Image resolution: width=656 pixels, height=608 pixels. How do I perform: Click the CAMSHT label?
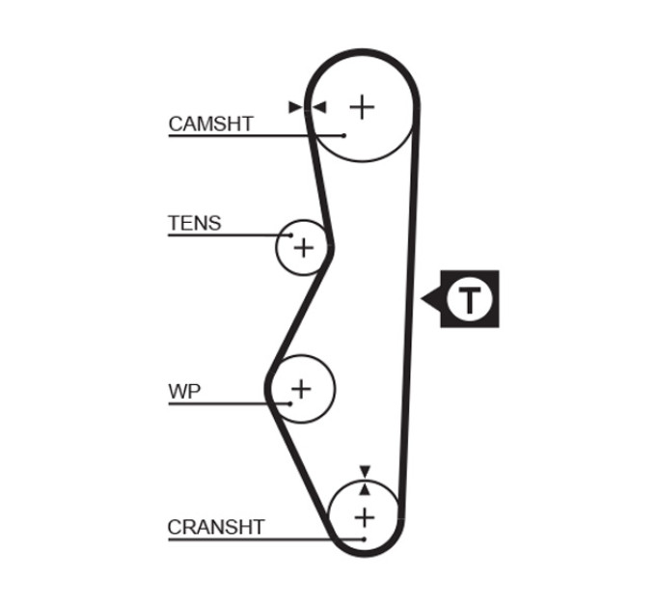(211, 124)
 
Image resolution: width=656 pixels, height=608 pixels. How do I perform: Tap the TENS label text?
(195, 223)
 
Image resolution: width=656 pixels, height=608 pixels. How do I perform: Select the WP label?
(184, 391)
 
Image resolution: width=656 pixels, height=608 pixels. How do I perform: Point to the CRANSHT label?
(216, 527)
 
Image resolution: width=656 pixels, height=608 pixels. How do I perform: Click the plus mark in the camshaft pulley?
(362, 107)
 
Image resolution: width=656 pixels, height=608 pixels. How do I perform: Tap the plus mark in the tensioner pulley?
(304, 248)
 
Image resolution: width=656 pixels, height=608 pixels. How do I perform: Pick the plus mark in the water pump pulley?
(301, 389)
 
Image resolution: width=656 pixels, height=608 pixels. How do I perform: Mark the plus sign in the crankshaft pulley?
(365, 518)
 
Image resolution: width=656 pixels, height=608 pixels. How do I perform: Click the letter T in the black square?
(470, 299)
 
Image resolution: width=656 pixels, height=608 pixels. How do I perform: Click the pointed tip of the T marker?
(421, 299)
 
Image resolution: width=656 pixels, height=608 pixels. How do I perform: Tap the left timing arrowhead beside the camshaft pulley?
(295, 107)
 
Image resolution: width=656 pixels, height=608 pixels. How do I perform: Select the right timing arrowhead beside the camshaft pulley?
(320, 107)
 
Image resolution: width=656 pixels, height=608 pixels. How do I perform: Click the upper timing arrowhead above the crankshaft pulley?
(366, 471)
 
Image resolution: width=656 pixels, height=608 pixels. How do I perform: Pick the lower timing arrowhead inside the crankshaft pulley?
(365, 489)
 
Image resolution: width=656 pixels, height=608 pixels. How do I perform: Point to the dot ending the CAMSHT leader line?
(343, 135)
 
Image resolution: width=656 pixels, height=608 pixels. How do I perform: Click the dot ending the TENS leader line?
(290, 235)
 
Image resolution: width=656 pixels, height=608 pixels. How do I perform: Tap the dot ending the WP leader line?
(290, 403)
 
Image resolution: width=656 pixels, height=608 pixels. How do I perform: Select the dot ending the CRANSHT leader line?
(364, 539)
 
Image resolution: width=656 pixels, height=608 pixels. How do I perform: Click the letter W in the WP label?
(178, 391)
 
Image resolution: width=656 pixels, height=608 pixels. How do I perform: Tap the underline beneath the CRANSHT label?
(266, 539)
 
